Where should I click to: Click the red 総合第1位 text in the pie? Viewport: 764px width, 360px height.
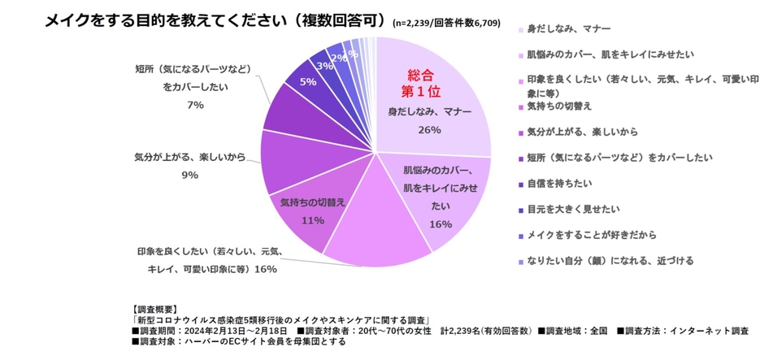tap(421, 80)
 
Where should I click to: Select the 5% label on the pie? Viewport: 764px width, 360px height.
tap(308, 81)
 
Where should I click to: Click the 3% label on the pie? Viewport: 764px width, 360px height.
tap(325, 65)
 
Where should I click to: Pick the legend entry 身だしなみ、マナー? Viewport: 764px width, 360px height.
tap(562, 29)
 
